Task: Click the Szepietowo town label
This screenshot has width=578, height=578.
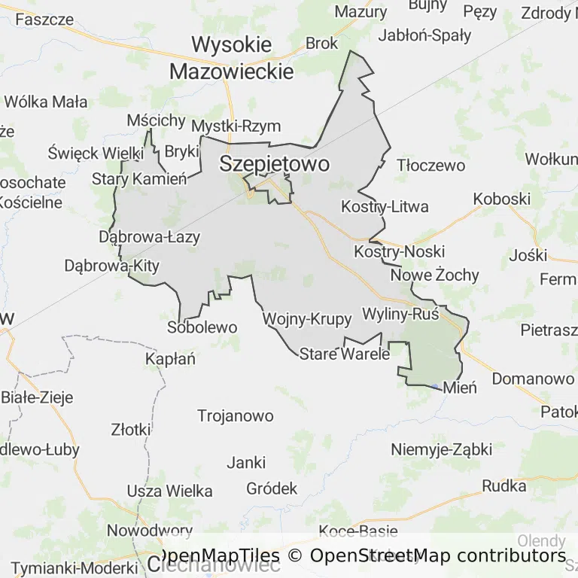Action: tap(274, 165)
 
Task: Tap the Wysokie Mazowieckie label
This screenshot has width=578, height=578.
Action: tap(231, 58)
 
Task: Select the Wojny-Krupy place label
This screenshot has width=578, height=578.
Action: tap(307, 319)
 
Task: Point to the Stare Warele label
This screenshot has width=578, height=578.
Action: tap(345, 354)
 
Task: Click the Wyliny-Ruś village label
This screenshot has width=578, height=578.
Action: tap(400, 314)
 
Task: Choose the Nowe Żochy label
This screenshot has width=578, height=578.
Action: tap(434, 275)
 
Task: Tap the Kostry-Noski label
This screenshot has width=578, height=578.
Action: tap(399, 251)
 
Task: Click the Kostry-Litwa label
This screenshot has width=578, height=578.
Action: tap(385, 206)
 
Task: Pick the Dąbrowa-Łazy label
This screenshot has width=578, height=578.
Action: tap(150, 237)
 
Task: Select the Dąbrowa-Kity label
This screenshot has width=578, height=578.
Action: tap(111, 266)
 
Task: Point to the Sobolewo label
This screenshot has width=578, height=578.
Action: tap(202, 327)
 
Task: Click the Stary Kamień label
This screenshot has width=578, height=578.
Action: tap(138, 179)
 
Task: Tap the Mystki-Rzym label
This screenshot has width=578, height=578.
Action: tap(236, 126)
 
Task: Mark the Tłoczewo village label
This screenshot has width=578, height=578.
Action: tap(431, 165)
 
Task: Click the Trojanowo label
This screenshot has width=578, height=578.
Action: tap(235, 415)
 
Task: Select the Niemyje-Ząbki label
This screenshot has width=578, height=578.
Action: tap(441, 450)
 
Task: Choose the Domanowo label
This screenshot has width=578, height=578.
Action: tap(533, 379)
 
